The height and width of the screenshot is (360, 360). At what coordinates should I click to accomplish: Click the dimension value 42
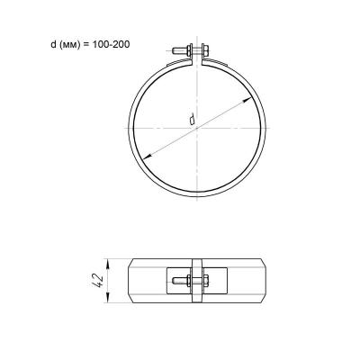(98, 281)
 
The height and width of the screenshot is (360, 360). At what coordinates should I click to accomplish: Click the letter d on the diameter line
(192, 119)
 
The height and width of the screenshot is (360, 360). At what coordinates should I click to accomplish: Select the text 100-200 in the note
(110, 45)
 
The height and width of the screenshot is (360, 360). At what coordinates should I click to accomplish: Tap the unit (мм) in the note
(69, 45)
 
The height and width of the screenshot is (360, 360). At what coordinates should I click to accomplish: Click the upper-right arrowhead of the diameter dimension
(247, 100)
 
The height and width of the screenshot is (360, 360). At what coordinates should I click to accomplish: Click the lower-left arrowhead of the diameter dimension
(147, 157)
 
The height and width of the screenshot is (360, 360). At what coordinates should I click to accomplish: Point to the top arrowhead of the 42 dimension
(108, 264)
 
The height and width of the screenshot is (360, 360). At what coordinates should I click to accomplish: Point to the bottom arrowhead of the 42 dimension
(108, 298)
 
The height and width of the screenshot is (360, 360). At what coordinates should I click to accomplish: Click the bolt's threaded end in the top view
(179, 50)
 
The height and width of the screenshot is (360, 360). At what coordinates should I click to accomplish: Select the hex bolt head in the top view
(205, 50)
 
